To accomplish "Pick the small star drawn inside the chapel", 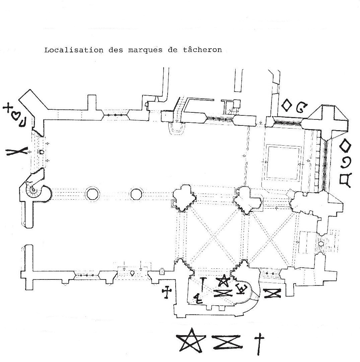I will click(224, 281).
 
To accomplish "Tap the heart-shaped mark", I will click(15, 115).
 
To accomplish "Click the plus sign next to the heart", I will click(7, 108).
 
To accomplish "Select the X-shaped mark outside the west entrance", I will click(17, 152).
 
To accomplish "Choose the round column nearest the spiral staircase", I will click(93, 194).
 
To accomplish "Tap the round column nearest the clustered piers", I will click(136, 194).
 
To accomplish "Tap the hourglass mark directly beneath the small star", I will click(223, 293).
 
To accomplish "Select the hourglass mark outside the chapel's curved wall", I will click(272, 294).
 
